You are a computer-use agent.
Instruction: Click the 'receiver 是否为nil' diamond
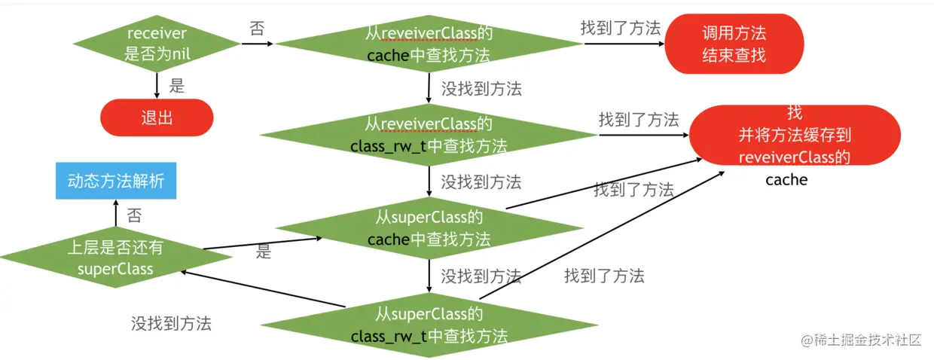tap(157, 44)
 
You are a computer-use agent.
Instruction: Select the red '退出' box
tap(157, 117)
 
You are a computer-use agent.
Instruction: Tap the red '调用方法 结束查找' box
tap(734, 44)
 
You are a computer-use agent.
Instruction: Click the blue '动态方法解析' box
tap(116, 181)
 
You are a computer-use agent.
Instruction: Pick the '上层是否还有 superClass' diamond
tap(115, 258)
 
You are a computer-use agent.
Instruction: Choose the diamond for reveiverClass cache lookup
tap(429, 44)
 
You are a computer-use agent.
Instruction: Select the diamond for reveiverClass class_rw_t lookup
tap(429, 135)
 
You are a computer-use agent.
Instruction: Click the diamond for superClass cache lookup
tap(429, 228)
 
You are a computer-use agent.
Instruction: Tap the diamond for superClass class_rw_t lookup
tap(429, 325)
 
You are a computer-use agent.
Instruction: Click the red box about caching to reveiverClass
tap(795, 135)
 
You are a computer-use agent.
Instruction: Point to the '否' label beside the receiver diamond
tap(257, 29)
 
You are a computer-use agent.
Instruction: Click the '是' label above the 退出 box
tap(177, 86)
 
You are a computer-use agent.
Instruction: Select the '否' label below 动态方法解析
tap(134, 215)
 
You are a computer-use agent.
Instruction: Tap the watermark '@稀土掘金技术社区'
tap(861, 340)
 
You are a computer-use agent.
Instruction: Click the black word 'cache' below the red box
tap(786, 180)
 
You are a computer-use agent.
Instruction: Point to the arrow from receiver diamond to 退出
tap(157, 86)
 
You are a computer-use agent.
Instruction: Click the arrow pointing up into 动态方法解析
tap(116, 213)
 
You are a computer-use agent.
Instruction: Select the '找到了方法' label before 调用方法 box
tap(621, 28)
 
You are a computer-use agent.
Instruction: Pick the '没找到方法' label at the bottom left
tap(172, 323)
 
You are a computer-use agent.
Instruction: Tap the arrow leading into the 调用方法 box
tap(624, 44)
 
